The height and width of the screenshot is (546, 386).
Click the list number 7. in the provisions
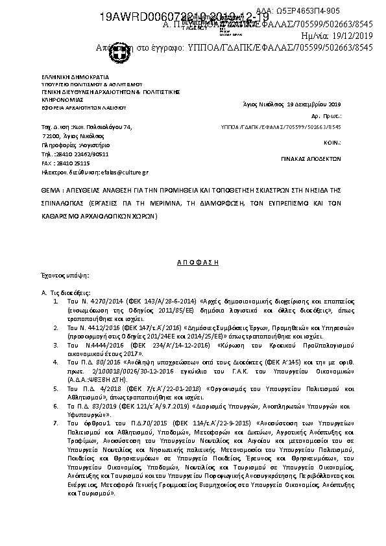click(57, 423)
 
